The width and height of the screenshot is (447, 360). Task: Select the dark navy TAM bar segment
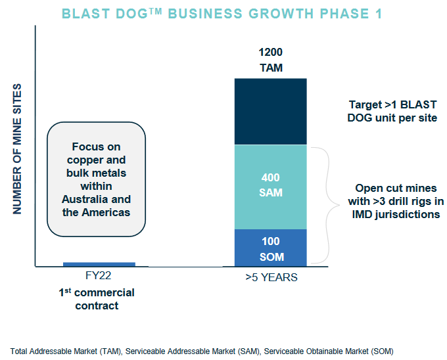point(271,111)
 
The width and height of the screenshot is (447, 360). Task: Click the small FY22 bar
point(99,264)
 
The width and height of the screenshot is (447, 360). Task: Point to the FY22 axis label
point(100,277)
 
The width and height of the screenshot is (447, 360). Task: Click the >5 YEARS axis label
point(271,277)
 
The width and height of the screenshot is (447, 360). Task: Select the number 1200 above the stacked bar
point(271,52)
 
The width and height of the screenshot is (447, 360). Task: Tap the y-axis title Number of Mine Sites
point(18,148)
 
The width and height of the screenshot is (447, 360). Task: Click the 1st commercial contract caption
point(96,299)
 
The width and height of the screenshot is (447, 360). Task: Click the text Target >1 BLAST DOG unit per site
point(393,111)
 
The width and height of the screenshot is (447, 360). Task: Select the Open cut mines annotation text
point(393,201)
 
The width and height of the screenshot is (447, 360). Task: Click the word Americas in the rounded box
point(106,212)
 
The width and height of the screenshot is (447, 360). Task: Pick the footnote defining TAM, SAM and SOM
point(202,351)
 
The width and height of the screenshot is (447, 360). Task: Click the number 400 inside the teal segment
point(270,177)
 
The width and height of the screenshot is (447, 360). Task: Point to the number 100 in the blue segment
point(270,242)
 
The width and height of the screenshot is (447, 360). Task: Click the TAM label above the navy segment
point(271,67)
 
